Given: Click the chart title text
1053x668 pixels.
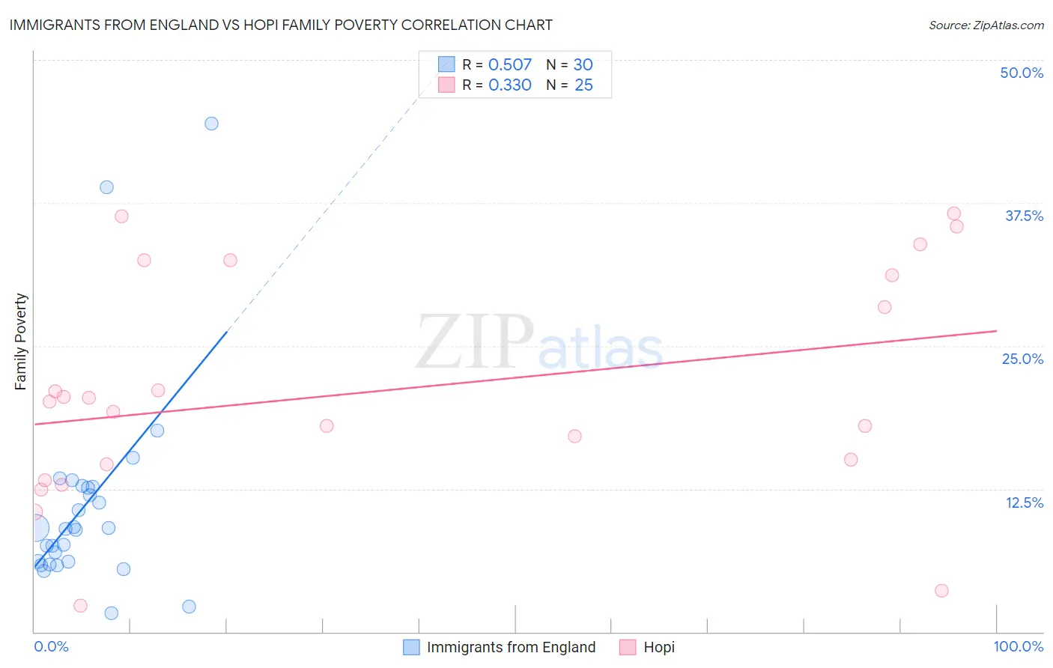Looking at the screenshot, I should tap(281, 25).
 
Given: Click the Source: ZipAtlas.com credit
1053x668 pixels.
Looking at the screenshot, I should tap(986, 25).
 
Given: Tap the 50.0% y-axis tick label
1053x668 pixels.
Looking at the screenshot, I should tap(1021, 73).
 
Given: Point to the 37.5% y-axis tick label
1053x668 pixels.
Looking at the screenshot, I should tap(1024, 216).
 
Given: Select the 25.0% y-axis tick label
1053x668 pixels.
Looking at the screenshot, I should tap(1022, 359).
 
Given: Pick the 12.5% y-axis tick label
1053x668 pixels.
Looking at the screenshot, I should tap(1024, 502).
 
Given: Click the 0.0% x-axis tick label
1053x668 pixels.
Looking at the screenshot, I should tap(51, 646).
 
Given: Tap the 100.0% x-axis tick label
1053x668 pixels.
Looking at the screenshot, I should tap(1018, 646).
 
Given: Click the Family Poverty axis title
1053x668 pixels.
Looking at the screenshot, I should tap(21, 341).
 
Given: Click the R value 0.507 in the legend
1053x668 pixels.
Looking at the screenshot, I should tap(509, 65).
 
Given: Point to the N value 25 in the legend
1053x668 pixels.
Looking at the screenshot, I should tap(583, 85).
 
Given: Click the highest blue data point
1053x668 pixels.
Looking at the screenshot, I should tap(211, 124).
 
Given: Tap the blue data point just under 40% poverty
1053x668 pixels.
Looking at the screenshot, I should tap(106, 187).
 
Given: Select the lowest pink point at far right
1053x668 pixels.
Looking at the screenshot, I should tap(941, 591).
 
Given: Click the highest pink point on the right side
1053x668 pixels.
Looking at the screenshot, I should tap(953, 213).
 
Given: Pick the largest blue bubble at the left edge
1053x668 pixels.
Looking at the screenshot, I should tap(34, 528).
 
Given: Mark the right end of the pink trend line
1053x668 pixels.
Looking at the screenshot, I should tap(996, 330).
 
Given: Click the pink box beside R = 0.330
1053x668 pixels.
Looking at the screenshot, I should tap(446, 85).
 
